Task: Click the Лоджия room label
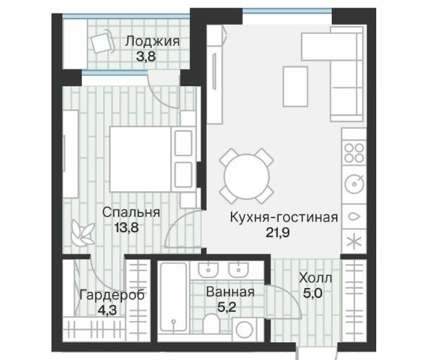coord(152,42)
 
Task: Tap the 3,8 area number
coord(146,56)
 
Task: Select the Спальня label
coord(131,212)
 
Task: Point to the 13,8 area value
coord(126,228)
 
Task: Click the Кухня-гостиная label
coord(284,217)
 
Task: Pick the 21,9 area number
coord(277,233)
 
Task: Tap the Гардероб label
coord(112,296)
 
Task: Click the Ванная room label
coord(230,292)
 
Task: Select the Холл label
coord(316,278)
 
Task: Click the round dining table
coord(246,176)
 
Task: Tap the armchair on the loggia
coord(102,42)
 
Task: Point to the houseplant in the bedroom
coord(83,233)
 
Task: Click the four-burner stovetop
coord(354,153)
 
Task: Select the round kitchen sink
coord(355,184)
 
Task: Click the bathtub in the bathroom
coord(174,297)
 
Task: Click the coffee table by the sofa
coord(295,87)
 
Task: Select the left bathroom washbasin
coord(209,270)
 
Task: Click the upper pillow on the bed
coord(184,143)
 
